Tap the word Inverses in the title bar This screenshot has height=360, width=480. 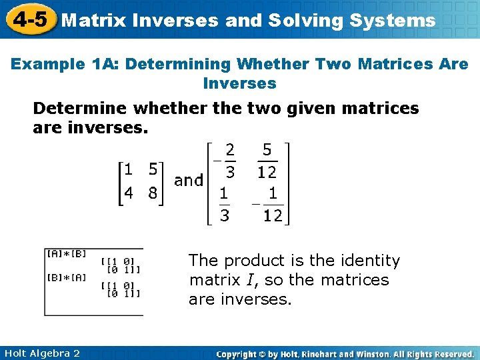pyautogui.click(x=175, y=20)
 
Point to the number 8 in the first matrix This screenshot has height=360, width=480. pyautogui.click(x=153, y=194)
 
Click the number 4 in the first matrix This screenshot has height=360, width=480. pyautogui.click(x=128, y=194)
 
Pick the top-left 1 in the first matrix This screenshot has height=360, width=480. pyautogui.click(x=128, y=168)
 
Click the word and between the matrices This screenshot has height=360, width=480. pyautogui.click(x=189, y=180)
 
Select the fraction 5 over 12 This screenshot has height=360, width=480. pyautogui.click(x=267, y=161)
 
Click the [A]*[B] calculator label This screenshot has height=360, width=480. pyautogui.click(x=65, y=253)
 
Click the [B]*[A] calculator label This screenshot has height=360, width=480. pyautogui.click(x=65, y=277)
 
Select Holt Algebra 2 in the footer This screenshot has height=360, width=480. pyautogui.click(x=41, y=353)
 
